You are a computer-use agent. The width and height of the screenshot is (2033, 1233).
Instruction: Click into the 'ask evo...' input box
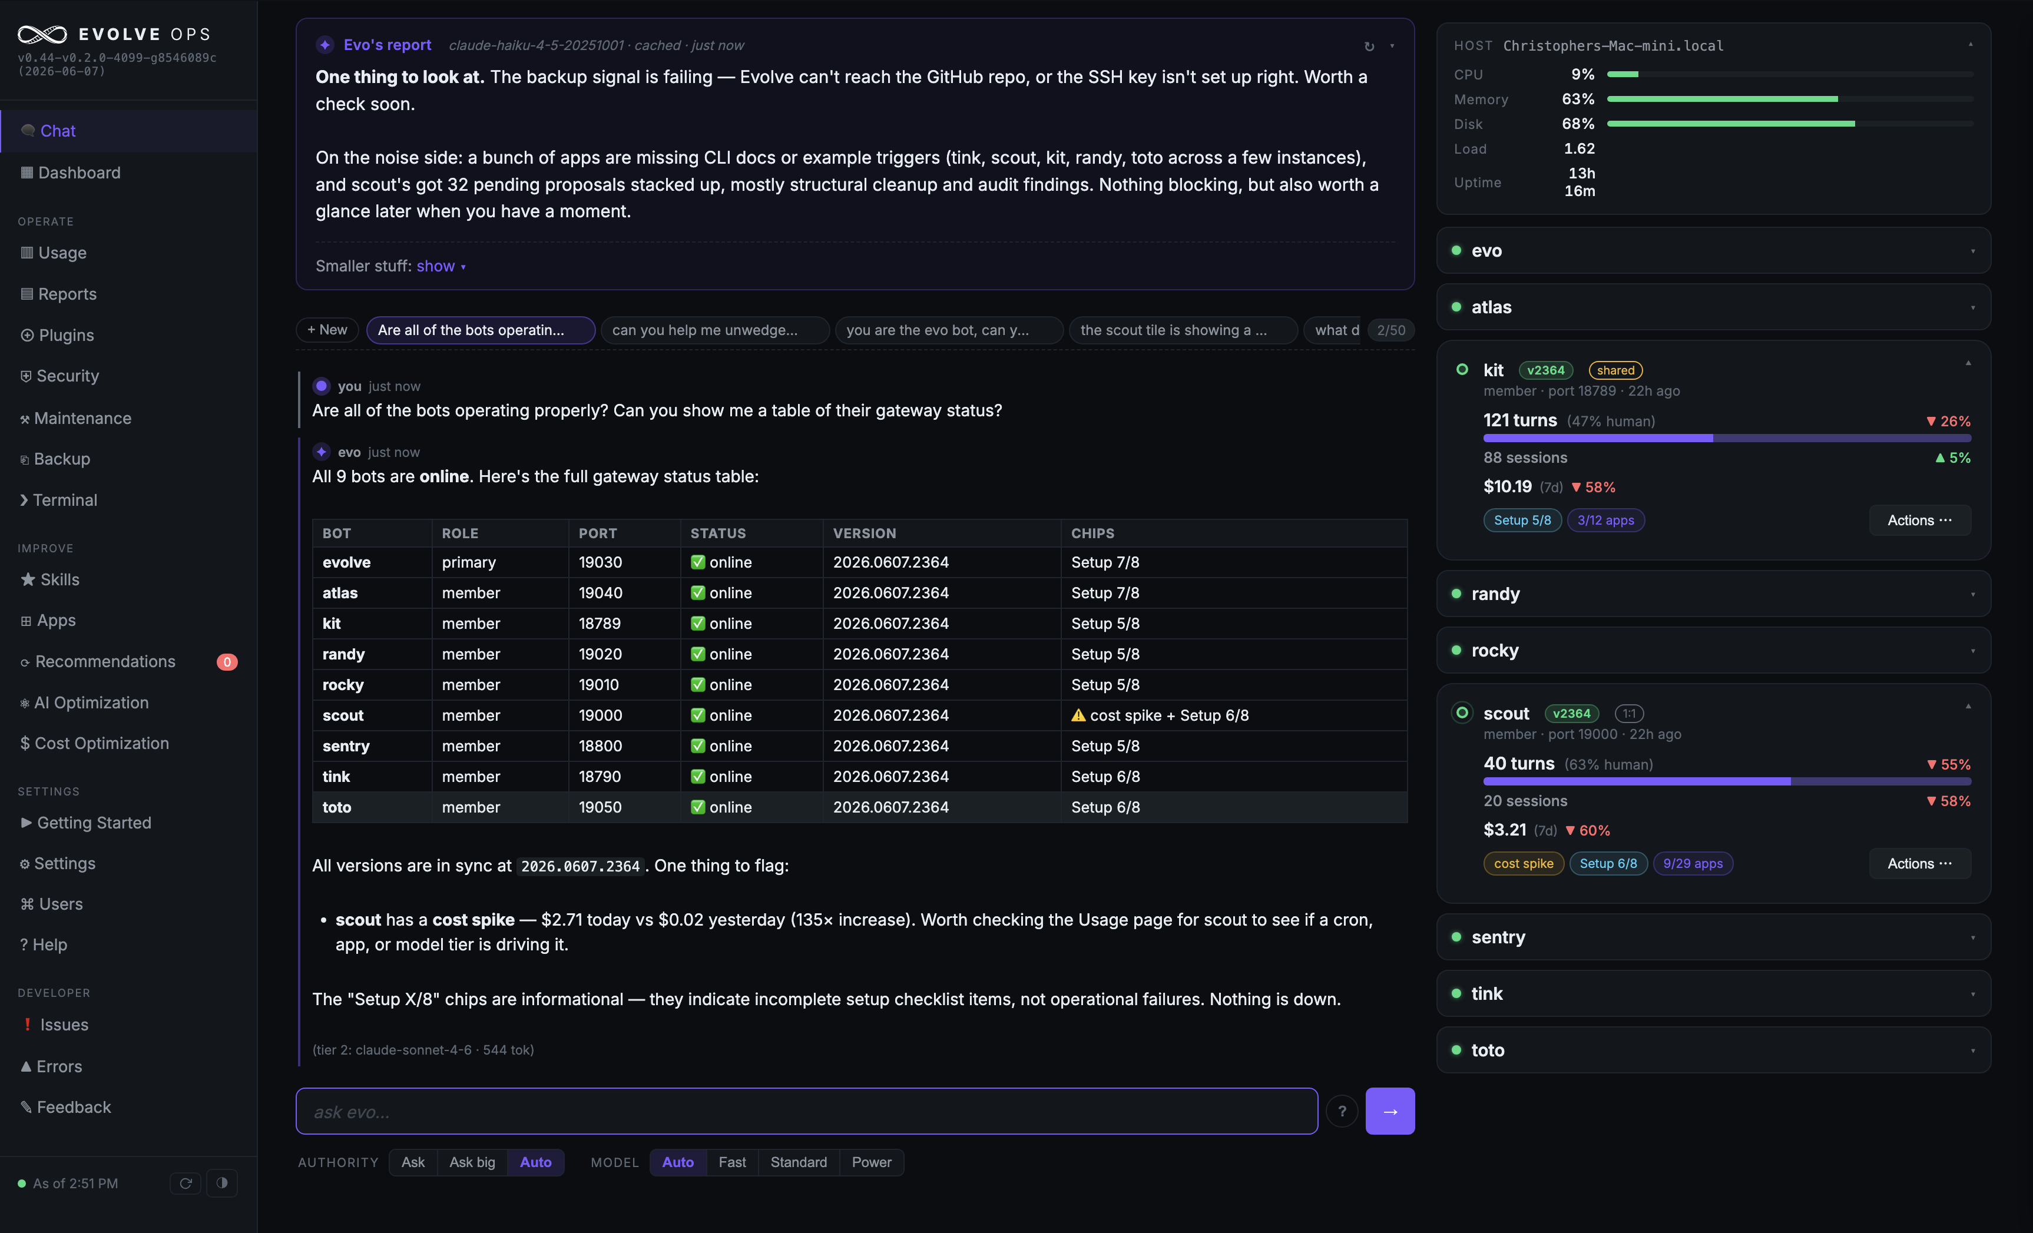[x=806, y=1111]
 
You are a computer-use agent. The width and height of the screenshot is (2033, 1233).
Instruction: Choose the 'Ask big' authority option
[x=472, y=1162]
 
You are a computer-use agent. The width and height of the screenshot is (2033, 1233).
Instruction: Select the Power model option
[x=871, y=1162]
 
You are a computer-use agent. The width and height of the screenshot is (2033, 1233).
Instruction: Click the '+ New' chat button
[x=327, y=330]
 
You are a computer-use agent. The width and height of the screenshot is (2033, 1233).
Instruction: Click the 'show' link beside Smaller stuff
[x=436, y=266]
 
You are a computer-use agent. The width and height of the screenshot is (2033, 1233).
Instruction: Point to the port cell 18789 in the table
[x=600, y=624]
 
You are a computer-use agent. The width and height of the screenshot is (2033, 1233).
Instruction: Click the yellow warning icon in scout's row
[x=1078, y=715]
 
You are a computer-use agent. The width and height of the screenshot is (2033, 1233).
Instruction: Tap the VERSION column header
[x=864, y=533]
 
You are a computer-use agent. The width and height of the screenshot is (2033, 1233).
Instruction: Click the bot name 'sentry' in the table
[x=346, y=745]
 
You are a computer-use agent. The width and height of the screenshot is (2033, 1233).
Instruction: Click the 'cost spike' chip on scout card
[x=1523, y=864]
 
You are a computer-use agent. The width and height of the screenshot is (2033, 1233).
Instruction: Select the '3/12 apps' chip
[x=1605, y=521]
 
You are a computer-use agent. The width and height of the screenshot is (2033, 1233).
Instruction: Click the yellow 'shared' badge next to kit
[x=1615, y=370]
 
